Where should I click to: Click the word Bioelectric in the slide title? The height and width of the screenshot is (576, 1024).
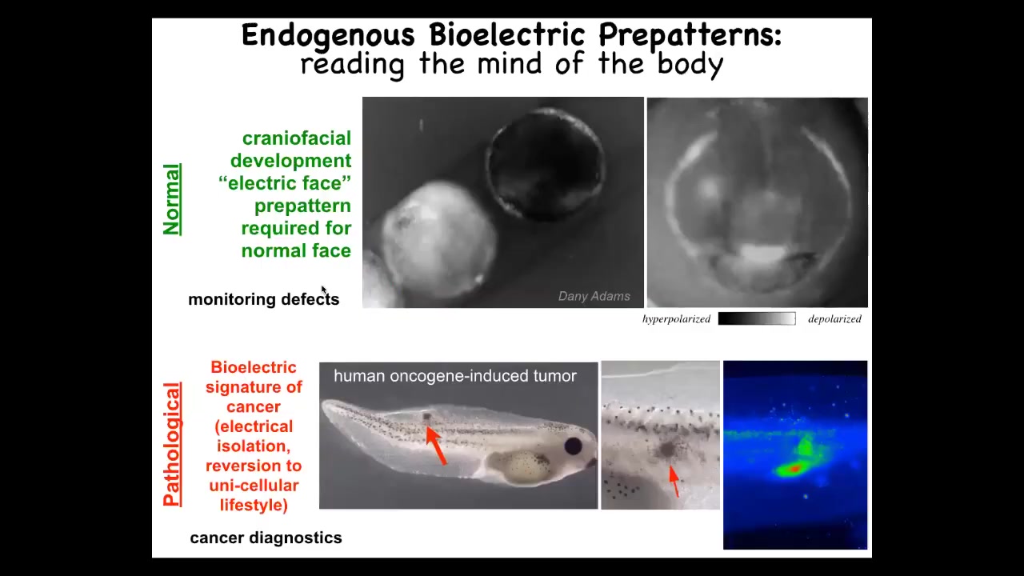[x=507, y=34]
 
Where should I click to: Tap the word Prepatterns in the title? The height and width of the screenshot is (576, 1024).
[x=690, y=36]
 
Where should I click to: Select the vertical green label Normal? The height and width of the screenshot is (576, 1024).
[x=172, y=199]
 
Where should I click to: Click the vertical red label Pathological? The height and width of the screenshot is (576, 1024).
[x=172, y=444]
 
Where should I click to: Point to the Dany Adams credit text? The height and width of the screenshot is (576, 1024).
[x=594, y=296]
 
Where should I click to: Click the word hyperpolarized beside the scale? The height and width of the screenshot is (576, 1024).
[x=676, y=319]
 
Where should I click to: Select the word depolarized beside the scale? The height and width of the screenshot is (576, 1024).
[x=834, y=319]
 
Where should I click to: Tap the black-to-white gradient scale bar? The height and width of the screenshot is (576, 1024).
[x=757, y=318]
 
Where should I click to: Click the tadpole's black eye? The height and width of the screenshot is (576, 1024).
[x=574, y=446]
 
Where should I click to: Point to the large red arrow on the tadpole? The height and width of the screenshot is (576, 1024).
[x=436, y=446]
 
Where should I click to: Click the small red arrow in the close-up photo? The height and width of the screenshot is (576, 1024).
[x=674, y=481]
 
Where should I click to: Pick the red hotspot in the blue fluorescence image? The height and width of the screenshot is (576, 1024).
[x=794, y=469]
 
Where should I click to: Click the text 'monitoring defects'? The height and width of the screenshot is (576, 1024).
[x=264, y=299]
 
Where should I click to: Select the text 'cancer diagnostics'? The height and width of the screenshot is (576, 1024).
[x=266, y=538]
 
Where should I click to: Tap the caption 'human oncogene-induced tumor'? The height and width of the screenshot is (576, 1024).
[x=455, y=376]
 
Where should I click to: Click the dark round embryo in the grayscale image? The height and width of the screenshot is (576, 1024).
[x=546, y=165]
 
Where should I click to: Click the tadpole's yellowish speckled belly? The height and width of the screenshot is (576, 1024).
[x=521, y=467]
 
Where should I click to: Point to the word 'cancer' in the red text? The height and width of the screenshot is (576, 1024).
[x=254, y=407]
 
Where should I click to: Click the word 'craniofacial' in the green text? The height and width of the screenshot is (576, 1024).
[x=297, y=138]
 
